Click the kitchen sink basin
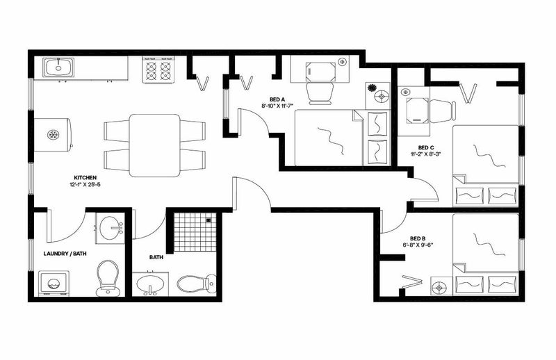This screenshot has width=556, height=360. [x=58, y=67]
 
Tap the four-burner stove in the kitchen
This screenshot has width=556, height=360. [x=158, y=70]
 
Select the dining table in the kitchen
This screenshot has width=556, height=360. [x=154, y=145]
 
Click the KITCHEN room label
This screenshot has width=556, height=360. [x=85, y=177]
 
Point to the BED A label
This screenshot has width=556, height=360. [x=277, y=99]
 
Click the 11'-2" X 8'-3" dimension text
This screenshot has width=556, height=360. [x=426, y=154]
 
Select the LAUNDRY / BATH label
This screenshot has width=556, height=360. [x=65, y=254]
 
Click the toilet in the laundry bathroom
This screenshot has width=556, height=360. [x=108, y=278]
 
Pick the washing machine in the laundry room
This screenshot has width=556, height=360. [x=54, y=284]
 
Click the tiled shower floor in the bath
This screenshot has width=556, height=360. [x=195, y=232]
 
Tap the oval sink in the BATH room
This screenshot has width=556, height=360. [x=150, y=284]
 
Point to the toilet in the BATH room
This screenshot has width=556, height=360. [x=197, y=284]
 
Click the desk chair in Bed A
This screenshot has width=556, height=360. [x=320, y=94]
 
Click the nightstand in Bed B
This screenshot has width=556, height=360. [x=441, y=286]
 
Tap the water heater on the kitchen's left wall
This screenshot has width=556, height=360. [x=53, y=135]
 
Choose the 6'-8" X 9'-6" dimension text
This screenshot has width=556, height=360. [x=418, y=245]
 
